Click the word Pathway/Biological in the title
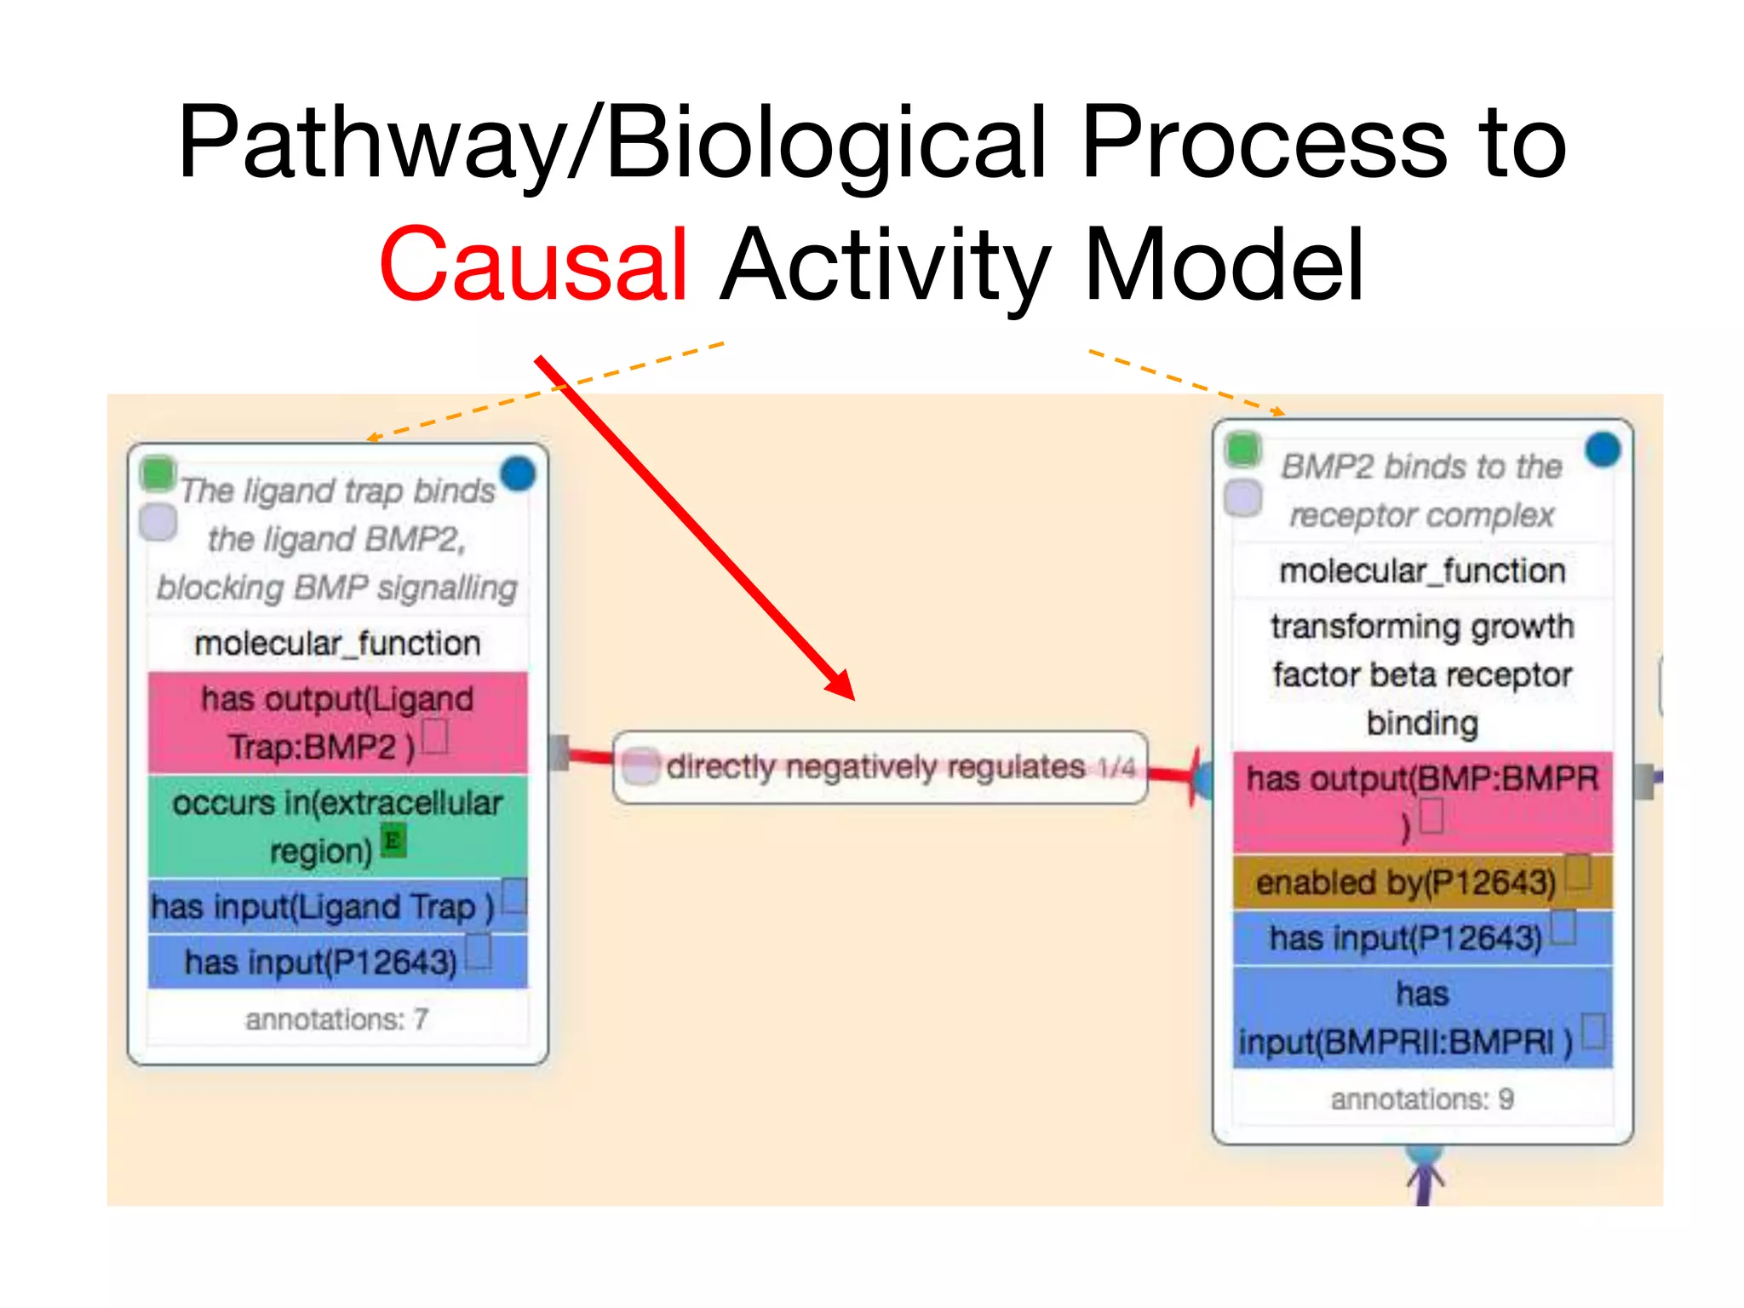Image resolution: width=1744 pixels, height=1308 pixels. [610, 143]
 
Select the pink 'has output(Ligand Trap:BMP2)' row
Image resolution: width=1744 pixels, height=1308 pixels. [337, 722]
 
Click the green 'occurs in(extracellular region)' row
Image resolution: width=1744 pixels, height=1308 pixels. [337, 826]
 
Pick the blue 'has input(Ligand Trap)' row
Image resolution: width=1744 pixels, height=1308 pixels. [324, 906]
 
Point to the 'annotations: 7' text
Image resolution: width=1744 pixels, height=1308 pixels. [337, 1019]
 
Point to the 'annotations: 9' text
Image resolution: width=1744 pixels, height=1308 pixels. [1422, 1099]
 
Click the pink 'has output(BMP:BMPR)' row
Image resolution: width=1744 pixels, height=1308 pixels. [1422, 800]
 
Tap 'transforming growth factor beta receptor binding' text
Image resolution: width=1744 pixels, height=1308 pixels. [1422, 674]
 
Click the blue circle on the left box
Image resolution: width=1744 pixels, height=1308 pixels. [518, 473]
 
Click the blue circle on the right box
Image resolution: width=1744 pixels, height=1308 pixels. [1603, 450]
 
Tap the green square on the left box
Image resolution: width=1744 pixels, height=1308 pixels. [158, 473]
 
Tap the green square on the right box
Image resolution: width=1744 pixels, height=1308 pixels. [1243, 449]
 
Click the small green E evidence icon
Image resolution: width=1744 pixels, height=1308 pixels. [393, 841]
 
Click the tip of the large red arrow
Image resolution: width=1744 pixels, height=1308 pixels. [852, 697]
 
